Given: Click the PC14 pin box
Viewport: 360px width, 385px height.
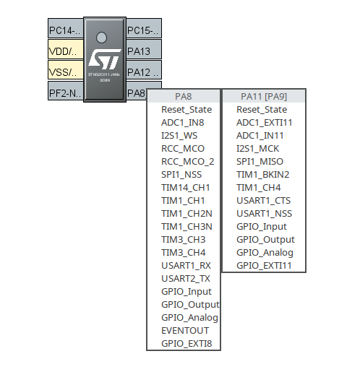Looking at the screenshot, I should tap(64, 30).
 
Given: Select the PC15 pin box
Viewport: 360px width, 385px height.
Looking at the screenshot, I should tap(143, 30).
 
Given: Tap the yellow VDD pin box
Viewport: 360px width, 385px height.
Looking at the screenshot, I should tap(64, 51).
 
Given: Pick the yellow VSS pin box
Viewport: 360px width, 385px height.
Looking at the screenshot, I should tap(64, 72).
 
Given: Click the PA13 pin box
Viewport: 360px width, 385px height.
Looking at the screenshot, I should tap(143, 51).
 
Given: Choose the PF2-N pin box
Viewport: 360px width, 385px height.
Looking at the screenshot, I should tap(64, 93).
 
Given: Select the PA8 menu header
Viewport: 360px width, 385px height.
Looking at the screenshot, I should tap(183, 96).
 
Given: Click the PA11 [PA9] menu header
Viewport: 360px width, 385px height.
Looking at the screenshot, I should tap(264, 96).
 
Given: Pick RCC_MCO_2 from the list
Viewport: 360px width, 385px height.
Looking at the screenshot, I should tap(187, 161).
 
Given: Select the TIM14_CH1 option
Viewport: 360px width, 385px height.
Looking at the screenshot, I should tap(185, 187).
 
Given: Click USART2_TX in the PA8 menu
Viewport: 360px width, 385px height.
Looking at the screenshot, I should tap(186, 278).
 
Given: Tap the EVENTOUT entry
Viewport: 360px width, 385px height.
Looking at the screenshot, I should tap(185, 330).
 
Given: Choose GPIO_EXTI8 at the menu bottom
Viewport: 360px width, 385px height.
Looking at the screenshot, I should tap(187, 343).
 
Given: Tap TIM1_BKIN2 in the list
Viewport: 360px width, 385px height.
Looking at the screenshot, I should tap(263, 174).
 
